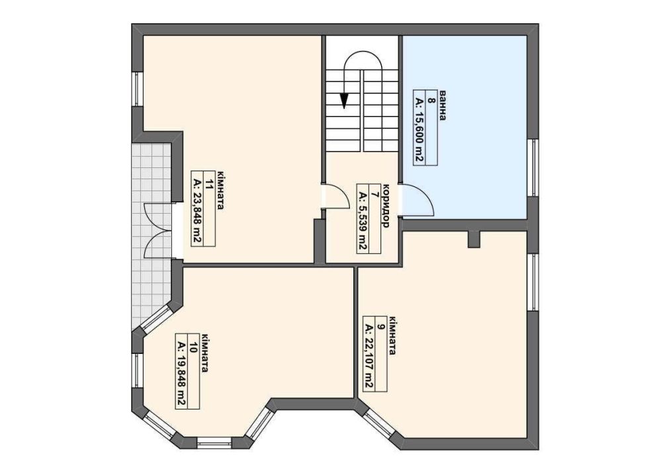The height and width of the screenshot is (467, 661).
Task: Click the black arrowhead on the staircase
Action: [x=345, y=101]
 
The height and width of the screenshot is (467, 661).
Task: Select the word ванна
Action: [x=443, y=105]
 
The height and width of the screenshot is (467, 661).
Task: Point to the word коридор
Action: [x=385, y=206]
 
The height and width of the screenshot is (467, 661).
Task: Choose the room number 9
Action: [x=380, y=326]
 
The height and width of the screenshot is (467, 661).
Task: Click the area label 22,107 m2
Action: [x=369, y=357]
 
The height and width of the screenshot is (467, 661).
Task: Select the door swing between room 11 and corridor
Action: [x=336, y=197]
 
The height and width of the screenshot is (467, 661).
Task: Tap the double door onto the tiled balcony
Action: [x=159, y=230]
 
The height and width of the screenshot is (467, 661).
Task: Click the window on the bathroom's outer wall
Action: [x=533, y=167]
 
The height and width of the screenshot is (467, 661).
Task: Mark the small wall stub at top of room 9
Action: [x=474, y=239]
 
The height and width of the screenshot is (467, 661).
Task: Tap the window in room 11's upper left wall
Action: [x=138, y=89]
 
